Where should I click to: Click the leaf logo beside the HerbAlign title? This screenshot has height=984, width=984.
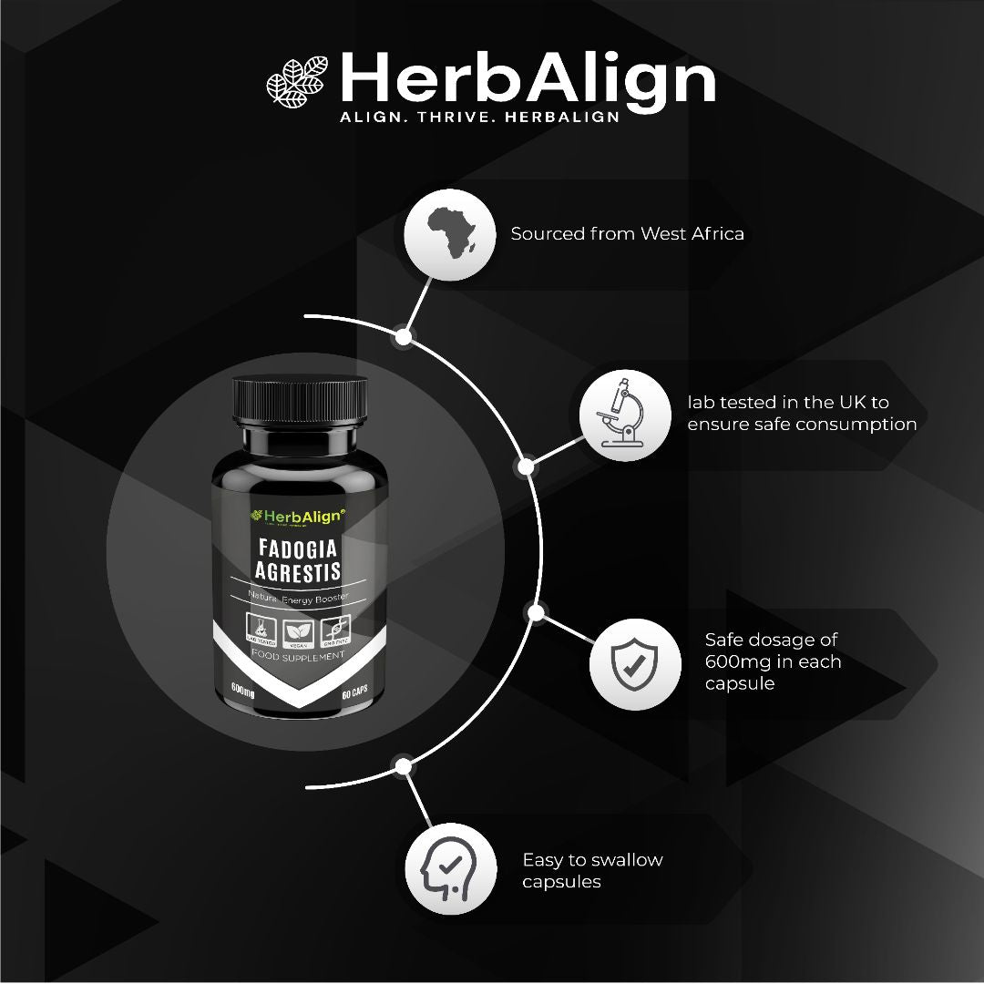(297, 79)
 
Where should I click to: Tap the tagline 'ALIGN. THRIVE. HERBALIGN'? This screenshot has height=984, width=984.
(479, 118)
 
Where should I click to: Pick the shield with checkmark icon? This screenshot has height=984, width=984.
(635, 663)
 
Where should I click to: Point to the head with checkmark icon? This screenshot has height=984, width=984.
(450, 869)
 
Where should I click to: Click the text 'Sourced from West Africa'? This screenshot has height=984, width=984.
(627, 233)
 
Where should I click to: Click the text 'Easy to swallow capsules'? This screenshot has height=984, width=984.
(592, 870)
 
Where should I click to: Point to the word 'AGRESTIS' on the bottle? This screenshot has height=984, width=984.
(298, 571)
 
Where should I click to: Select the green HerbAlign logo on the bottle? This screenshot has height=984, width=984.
(298, 517)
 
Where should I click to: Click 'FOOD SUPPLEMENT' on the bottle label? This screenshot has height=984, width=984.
(298, 654)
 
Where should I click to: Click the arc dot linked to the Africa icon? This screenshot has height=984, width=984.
(404, 337)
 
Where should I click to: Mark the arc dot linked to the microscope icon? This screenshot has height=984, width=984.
(525, 467)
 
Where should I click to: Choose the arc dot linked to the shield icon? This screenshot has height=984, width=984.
(537, 611)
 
